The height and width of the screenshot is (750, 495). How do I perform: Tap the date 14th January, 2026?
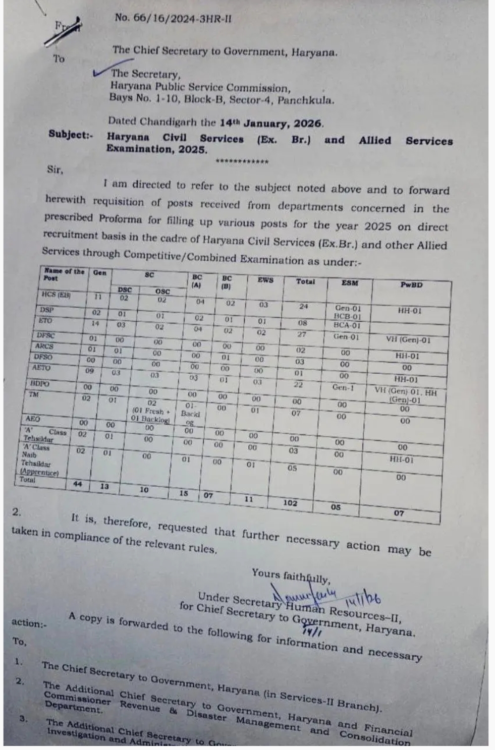click(271, 123)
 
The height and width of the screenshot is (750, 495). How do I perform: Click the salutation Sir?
click(55, 169)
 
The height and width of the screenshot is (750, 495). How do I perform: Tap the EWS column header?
click(265, 280)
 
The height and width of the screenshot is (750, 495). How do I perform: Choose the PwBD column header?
click(411, 285)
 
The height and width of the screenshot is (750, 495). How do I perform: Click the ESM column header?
click(349, 283)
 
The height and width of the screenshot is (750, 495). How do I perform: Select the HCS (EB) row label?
click(56, 295)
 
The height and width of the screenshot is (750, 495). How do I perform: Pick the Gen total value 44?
click(78, 484)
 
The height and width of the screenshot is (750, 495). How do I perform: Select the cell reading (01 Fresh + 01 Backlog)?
click(150, 415)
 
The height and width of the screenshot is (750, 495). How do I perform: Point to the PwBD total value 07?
click(399, 513)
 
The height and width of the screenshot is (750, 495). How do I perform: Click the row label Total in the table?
click(28, 480)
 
